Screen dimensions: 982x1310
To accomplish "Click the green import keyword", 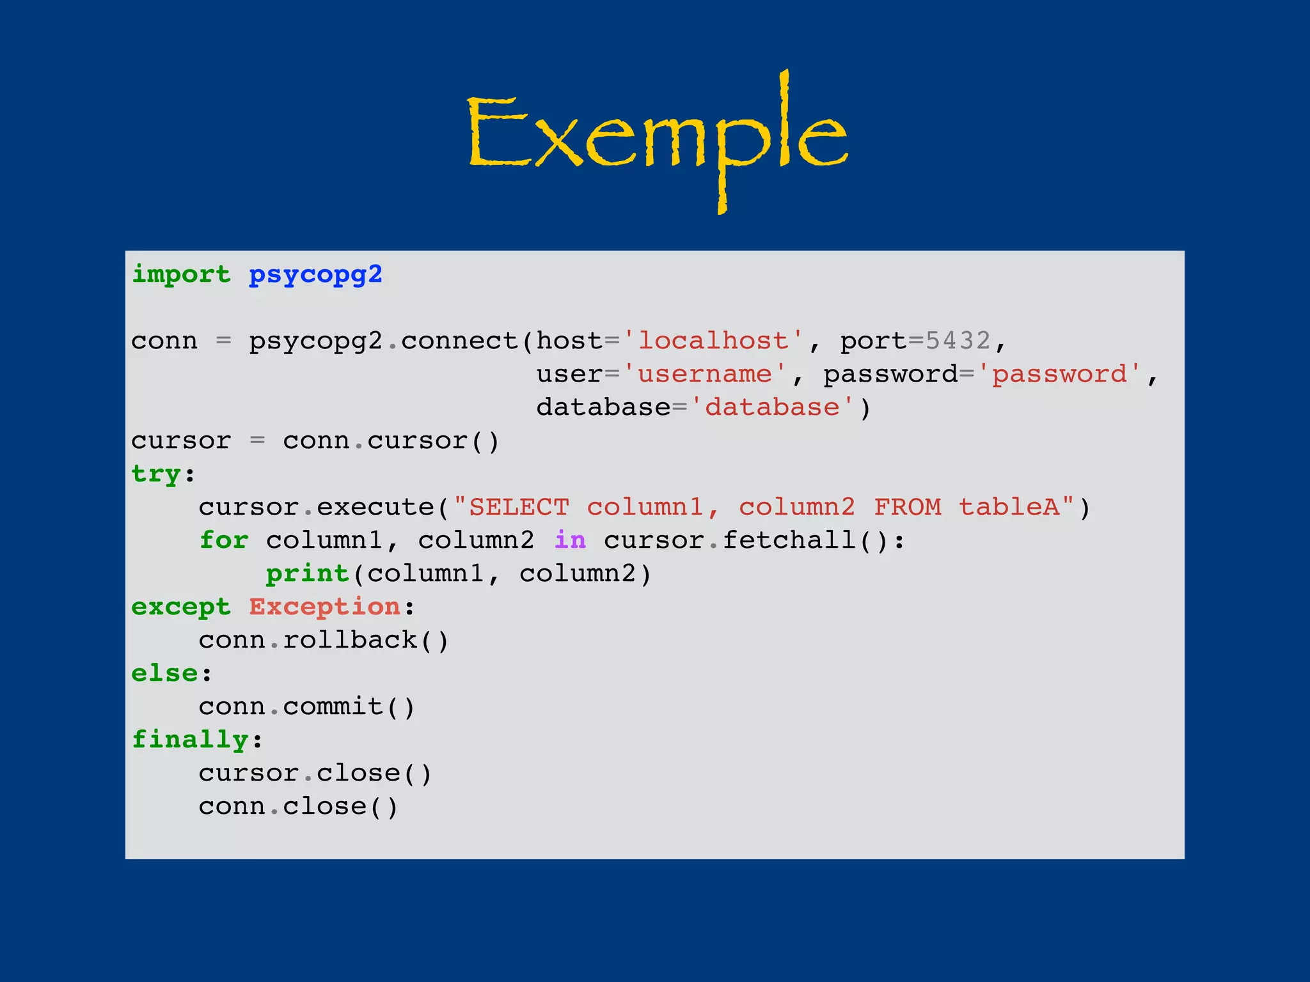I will [x=181, y=275].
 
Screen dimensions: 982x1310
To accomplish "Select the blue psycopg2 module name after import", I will [x=315, y=275].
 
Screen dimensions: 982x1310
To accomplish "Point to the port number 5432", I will [x=958, y=341].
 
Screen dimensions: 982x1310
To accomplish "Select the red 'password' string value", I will [x=1059, y=374].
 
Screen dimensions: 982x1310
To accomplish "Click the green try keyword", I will [x=156, y=474].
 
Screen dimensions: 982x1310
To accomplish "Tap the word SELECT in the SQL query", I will [x=519, y=507].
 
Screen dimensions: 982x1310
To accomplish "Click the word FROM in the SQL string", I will [x=908, y=507].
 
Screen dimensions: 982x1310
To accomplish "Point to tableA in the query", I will [x=1009, y=507].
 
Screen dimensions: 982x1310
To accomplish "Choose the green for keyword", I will [x=224, y=540].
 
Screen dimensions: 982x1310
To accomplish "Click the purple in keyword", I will [x=570, y=540].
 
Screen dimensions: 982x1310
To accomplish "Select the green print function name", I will [x=308, y=573].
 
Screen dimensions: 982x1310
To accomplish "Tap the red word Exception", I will [x=325, y=607].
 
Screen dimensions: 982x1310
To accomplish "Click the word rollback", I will [x=350, y=640].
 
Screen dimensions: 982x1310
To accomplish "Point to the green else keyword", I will [x=165, y=673].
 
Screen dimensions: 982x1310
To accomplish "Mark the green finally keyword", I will [x=190, y=740].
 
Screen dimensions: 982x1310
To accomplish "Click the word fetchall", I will [x=789, y=540].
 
